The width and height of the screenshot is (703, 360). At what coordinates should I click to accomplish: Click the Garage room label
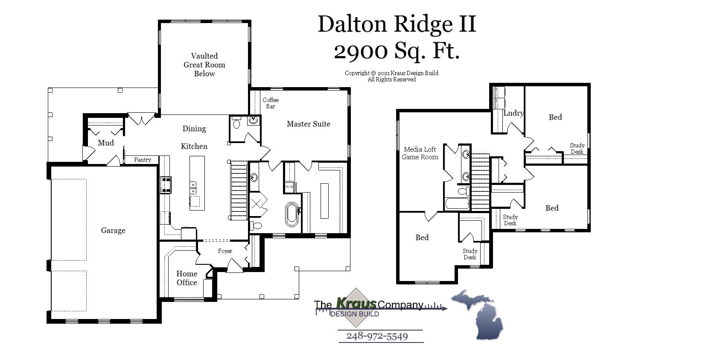[x=113, y=231]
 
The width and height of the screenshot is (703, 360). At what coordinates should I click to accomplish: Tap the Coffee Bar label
[x=271, y=103]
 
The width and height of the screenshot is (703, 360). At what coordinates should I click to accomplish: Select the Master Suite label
[x=308, y=124]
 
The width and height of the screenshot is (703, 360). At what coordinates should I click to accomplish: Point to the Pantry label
[x=143, y=160]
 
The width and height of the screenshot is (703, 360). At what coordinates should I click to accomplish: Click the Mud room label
[x=105, y=143]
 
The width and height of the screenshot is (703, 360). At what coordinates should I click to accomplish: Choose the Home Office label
[x=187, y=278]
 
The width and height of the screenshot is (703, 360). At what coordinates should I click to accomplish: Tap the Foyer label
[x=225, y=251]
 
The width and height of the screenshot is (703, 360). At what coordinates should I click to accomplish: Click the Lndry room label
[x=513, y=113]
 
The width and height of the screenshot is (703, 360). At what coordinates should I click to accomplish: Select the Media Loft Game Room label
[x=420, y=153]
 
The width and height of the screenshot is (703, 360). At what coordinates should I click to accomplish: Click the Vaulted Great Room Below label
[x=204, y=64]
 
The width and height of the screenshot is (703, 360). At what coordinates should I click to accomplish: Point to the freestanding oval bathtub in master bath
[x=292, y=214]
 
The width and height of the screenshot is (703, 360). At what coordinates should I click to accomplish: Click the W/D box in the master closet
[x=289, y=187]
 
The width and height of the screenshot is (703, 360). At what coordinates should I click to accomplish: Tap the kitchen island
[x=197, y=183]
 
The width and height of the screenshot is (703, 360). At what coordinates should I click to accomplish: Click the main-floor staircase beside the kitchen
[x=239, y=190]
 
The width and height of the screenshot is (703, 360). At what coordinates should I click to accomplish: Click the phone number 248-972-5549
[x=377, y=336]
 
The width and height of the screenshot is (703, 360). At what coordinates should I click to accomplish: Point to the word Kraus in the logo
[x=356, y=303]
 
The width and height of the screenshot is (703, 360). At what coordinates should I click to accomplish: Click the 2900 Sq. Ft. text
[x=397, y=51]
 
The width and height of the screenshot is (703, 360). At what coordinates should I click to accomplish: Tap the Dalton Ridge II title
[x=397, y=24]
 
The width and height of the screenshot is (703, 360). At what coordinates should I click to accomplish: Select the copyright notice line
[x=391, y=73]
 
